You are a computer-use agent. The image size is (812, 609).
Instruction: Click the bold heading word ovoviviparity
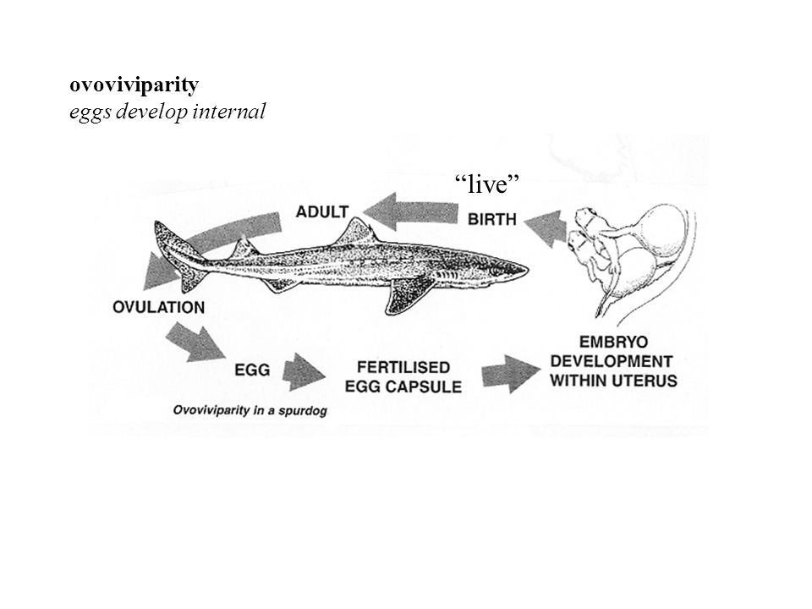point(134,85)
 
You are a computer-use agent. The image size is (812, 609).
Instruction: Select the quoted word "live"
point(487,184)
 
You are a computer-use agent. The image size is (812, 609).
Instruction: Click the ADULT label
point(322,211)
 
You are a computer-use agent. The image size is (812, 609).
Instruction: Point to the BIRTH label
point(492,220)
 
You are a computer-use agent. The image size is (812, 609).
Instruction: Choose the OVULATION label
point(158,307)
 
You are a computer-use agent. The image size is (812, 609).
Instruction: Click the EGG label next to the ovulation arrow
point(252,370)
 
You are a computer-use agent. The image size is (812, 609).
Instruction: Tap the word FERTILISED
point(403,367)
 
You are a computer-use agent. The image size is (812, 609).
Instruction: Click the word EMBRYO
point(613,343)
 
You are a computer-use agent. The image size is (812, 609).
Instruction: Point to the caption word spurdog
point(303,411)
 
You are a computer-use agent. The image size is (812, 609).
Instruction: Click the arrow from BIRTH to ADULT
point(411,211)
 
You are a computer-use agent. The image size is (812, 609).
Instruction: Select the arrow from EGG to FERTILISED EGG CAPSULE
point(304,372)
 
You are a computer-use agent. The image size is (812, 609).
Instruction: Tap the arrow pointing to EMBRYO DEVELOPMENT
point(511,374)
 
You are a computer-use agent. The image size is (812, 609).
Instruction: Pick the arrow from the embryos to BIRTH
point(546,229)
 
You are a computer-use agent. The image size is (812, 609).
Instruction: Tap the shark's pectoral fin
point(407,296)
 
